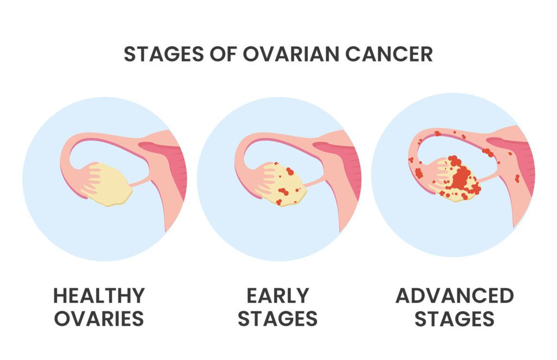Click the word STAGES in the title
pyautogui.click(x=164, y=54)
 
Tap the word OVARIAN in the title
pyautogui.click(x=291, y=54)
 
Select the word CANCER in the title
pyautogui.click(x=389, y=54)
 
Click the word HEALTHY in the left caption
pyautogui.click(x=99, y=295)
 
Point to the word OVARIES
pyautogui.click(x=99, y=319)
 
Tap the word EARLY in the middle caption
pyautogui.click(x=278, y=295)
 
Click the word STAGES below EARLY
pyautogui.click(x=278, y=319)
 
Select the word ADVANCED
pyautogui.click(x=455, y=295)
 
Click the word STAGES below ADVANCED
pyautogui.click(x=455, y=319)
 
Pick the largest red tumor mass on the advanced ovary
pyautogui.click(x=461, y=176)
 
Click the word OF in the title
pyautogui.click(x=223, y=54)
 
